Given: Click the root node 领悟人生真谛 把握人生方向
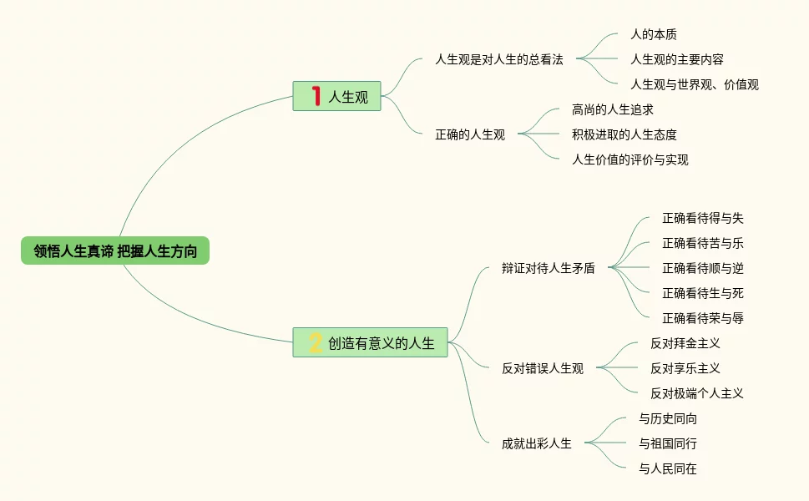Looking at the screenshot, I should (115, 251).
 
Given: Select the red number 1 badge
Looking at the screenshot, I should (316, 97).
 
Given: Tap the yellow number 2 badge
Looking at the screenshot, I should (316, 342).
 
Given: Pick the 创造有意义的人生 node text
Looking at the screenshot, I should (382, 342).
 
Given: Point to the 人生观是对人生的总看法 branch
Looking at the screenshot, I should (499, 59).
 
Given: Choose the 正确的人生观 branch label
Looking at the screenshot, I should (470, 134).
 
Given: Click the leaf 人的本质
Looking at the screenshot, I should (653, 34).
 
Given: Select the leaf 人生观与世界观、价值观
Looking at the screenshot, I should (694, 84).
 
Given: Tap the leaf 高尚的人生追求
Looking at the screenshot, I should (612, 109).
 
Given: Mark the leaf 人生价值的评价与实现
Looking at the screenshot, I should (630, 159).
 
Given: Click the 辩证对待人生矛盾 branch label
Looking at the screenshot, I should (549, 268).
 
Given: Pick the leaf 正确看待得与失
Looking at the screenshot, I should (702, 218).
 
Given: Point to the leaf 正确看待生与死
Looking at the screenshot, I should (702, 293).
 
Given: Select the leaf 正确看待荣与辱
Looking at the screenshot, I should (702, 318).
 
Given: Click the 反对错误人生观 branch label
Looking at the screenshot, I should (543, 368).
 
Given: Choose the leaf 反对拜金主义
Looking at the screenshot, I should (685, 343).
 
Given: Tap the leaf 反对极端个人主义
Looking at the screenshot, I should (696, 393).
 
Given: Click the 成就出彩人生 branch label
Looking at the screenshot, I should (537, 443).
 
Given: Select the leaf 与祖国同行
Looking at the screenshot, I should (667, 443).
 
